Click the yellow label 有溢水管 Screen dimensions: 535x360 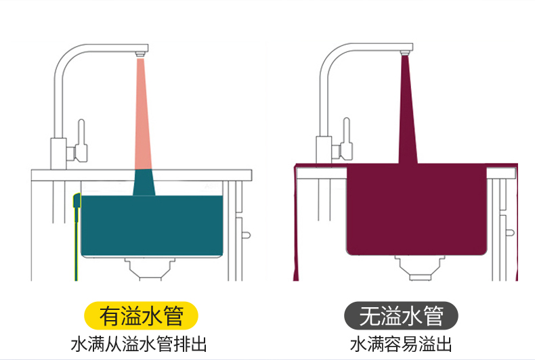(141, 316)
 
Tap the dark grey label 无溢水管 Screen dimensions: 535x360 (401, 316)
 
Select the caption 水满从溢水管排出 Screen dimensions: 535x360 (139, 344)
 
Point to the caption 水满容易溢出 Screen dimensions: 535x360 (401, 344)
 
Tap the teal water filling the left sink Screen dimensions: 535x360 (152, 225)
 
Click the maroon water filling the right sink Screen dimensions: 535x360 (416, 210)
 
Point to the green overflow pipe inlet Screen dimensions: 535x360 (77, 200)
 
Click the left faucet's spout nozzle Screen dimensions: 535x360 (140, 54)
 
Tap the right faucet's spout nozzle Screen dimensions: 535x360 (405, 53)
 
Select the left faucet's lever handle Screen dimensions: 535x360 (81, 140)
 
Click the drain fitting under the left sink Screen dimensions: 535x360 (150, 269)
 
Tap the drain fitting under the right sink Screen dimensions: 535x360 (420, 268)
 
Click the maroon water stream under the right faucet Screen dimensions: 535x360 (408, 110)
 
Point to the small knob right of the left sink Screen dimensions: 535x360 (246, 235)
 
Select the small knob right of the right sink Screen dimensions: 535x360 (510, 233)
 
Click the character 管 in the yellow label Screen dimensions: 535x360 (173, 316)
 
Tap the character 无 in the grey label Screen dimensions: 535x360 (370, 316)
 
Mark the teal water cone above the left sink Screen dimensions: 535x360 (144, 183)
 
